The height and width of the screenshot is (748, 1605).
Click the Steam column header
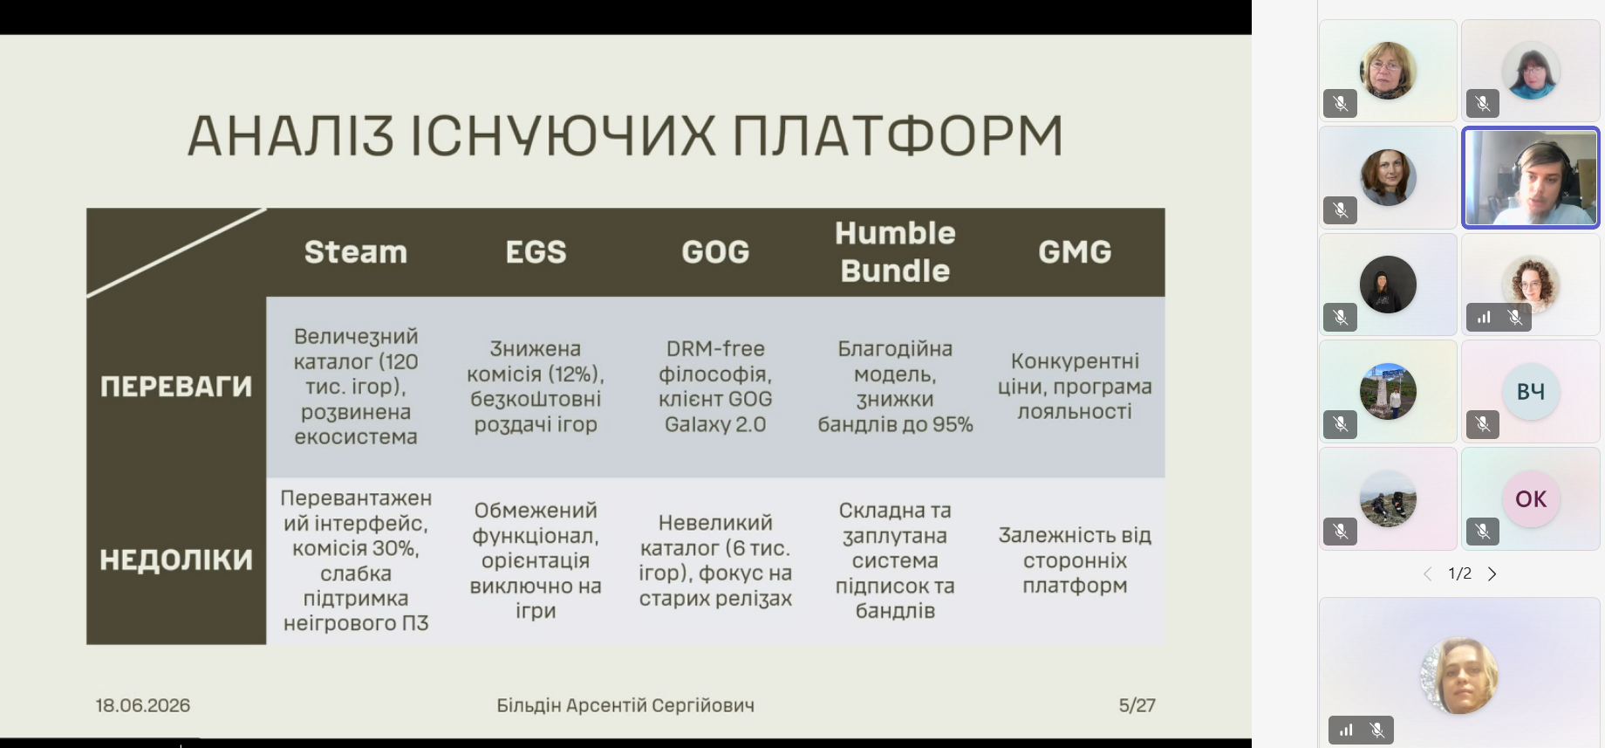tap(356, 252)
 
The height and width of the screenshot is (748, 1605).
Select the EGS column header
tap(536, 252)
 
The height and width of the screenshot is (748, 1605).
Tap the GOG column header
tap(715, 252)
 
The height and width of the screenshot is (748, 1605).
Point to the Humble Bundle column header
tap(895, 252)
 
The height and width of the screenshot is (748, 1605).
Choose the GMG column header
tap(1075, 252)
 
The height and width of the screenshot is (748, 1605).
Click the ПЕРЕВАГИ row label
tap(176, 387)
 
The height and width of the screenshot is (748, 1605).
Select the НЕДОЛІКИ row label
tap(176, 559)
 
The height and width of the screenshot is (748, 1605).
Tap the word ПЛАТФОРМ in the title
tap(898, 136)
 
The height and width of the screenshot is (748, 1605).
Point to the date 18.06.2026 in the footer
tap(143, 705)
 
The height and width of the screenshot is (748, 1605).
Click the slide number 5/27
tap(1137, 705)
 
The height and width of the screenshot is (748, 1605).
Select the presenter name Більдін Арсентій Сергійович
tap(625, 705)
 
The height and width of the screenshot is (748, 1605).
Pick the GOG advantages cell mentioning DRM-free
tap(715, 387)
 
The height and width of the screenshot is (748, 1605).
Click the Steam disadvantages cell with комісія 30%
tap(356, 560)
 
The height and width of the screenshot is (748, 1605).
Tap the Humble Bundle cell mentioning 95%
tap(895, 387)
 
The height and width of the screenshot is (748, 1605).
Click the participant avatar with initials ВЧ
tap(1531, 392)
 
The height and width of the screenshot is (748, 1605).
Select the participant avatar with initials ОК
tap(1531, 499)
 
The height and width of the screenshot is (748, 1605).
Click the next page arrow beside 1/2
tap(1492, 573)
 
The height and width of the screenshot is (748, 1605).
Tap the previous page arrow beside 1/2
tap(1427, 573)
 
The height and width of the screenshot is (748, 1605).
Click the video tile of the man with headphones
tap(1531, 178)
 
